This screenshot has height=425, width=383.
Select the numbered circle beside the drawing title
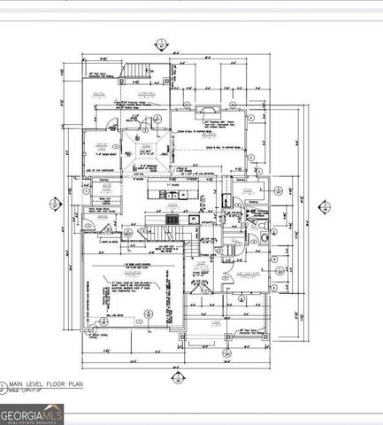[x=6, y=382]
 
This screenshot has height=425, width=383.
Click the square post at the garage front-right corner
[x=182, y=337]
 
